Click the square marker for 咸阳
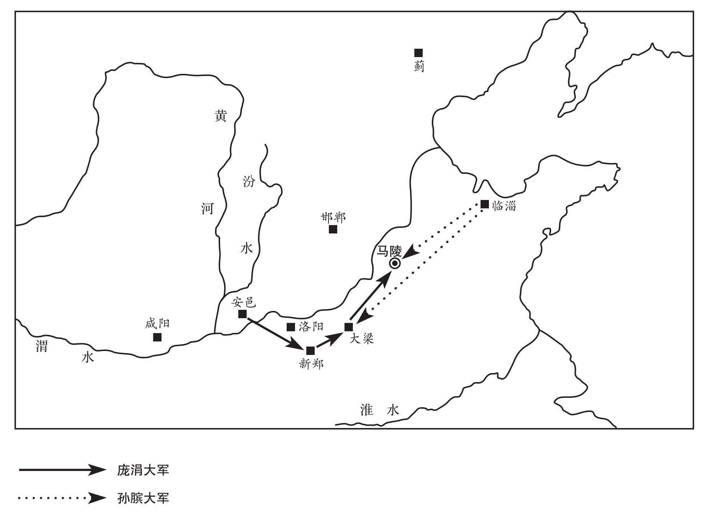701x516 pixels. [x=157, y=337]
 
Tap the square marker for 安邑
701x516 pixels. [x=242, y=314]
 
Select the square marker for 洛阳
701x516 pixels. [x=291, y=327]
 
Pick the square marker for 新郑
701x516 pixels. [x=310, y=351]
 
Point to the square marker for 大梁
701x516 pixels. [x=348, y=327]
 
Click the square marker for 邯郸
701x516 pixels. [x=333, y=229]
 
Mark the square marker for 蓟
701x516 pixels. [x=419, y=53]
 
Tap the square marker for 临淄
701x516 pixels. [x=485, y=204]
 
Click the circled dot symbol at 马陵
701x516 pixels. [x=395, y=264]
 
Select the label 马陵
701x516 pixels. [x=389, y=251]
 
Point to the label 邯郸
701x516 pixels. [x=333, y=217]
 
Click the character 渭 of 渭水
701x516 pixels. [x=41, y=346]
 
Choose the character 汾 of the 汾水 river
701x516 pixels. [x=249, y=181]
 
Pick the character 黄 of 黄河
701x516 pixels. [x=220, y=116]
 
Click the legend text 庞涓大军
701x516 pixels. [x=143, y=471]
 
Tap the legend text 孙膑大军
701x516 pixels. [x=143, y=498]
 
